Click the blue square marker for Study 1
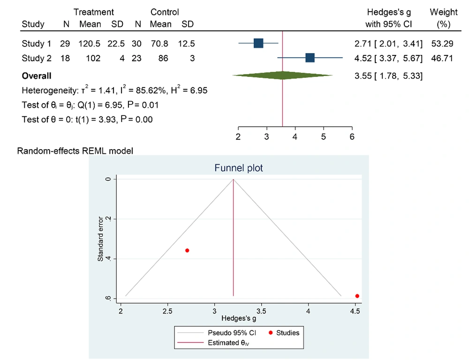tap(258, 44)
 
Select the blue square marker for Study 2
tap(310, 58)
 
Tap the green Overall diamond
tap(282, 75)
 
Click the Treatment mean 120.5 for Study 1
tap(90, 44)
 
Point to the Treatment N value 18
tap(65, 58)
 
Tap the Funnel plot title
tap(238, 168)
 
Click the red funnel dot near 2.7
tap(187, 251)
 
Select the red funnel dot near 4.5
tap(357, 296)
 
